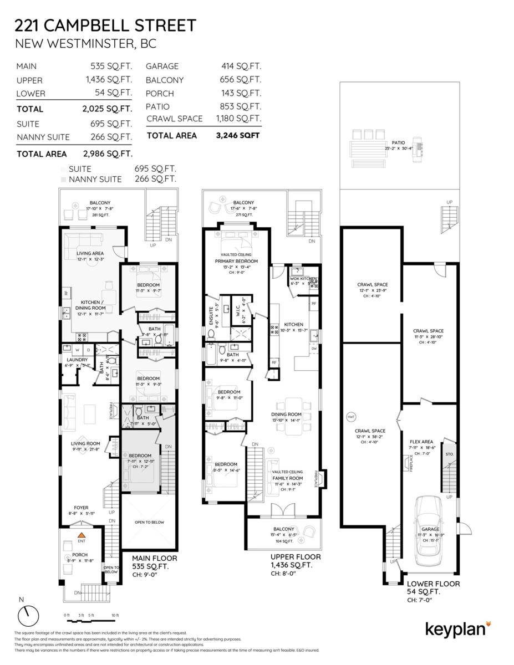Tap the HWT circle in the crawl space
[x=350, y=416]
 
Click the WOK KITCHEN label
[x=303, y=279]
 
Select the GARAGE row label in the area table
[x=162, y=66]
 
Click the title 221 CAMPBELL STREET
[x=105, y=25]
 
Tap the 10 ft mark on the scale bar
[x=115, y=615]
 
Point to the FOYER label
[x=82, y=507]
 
